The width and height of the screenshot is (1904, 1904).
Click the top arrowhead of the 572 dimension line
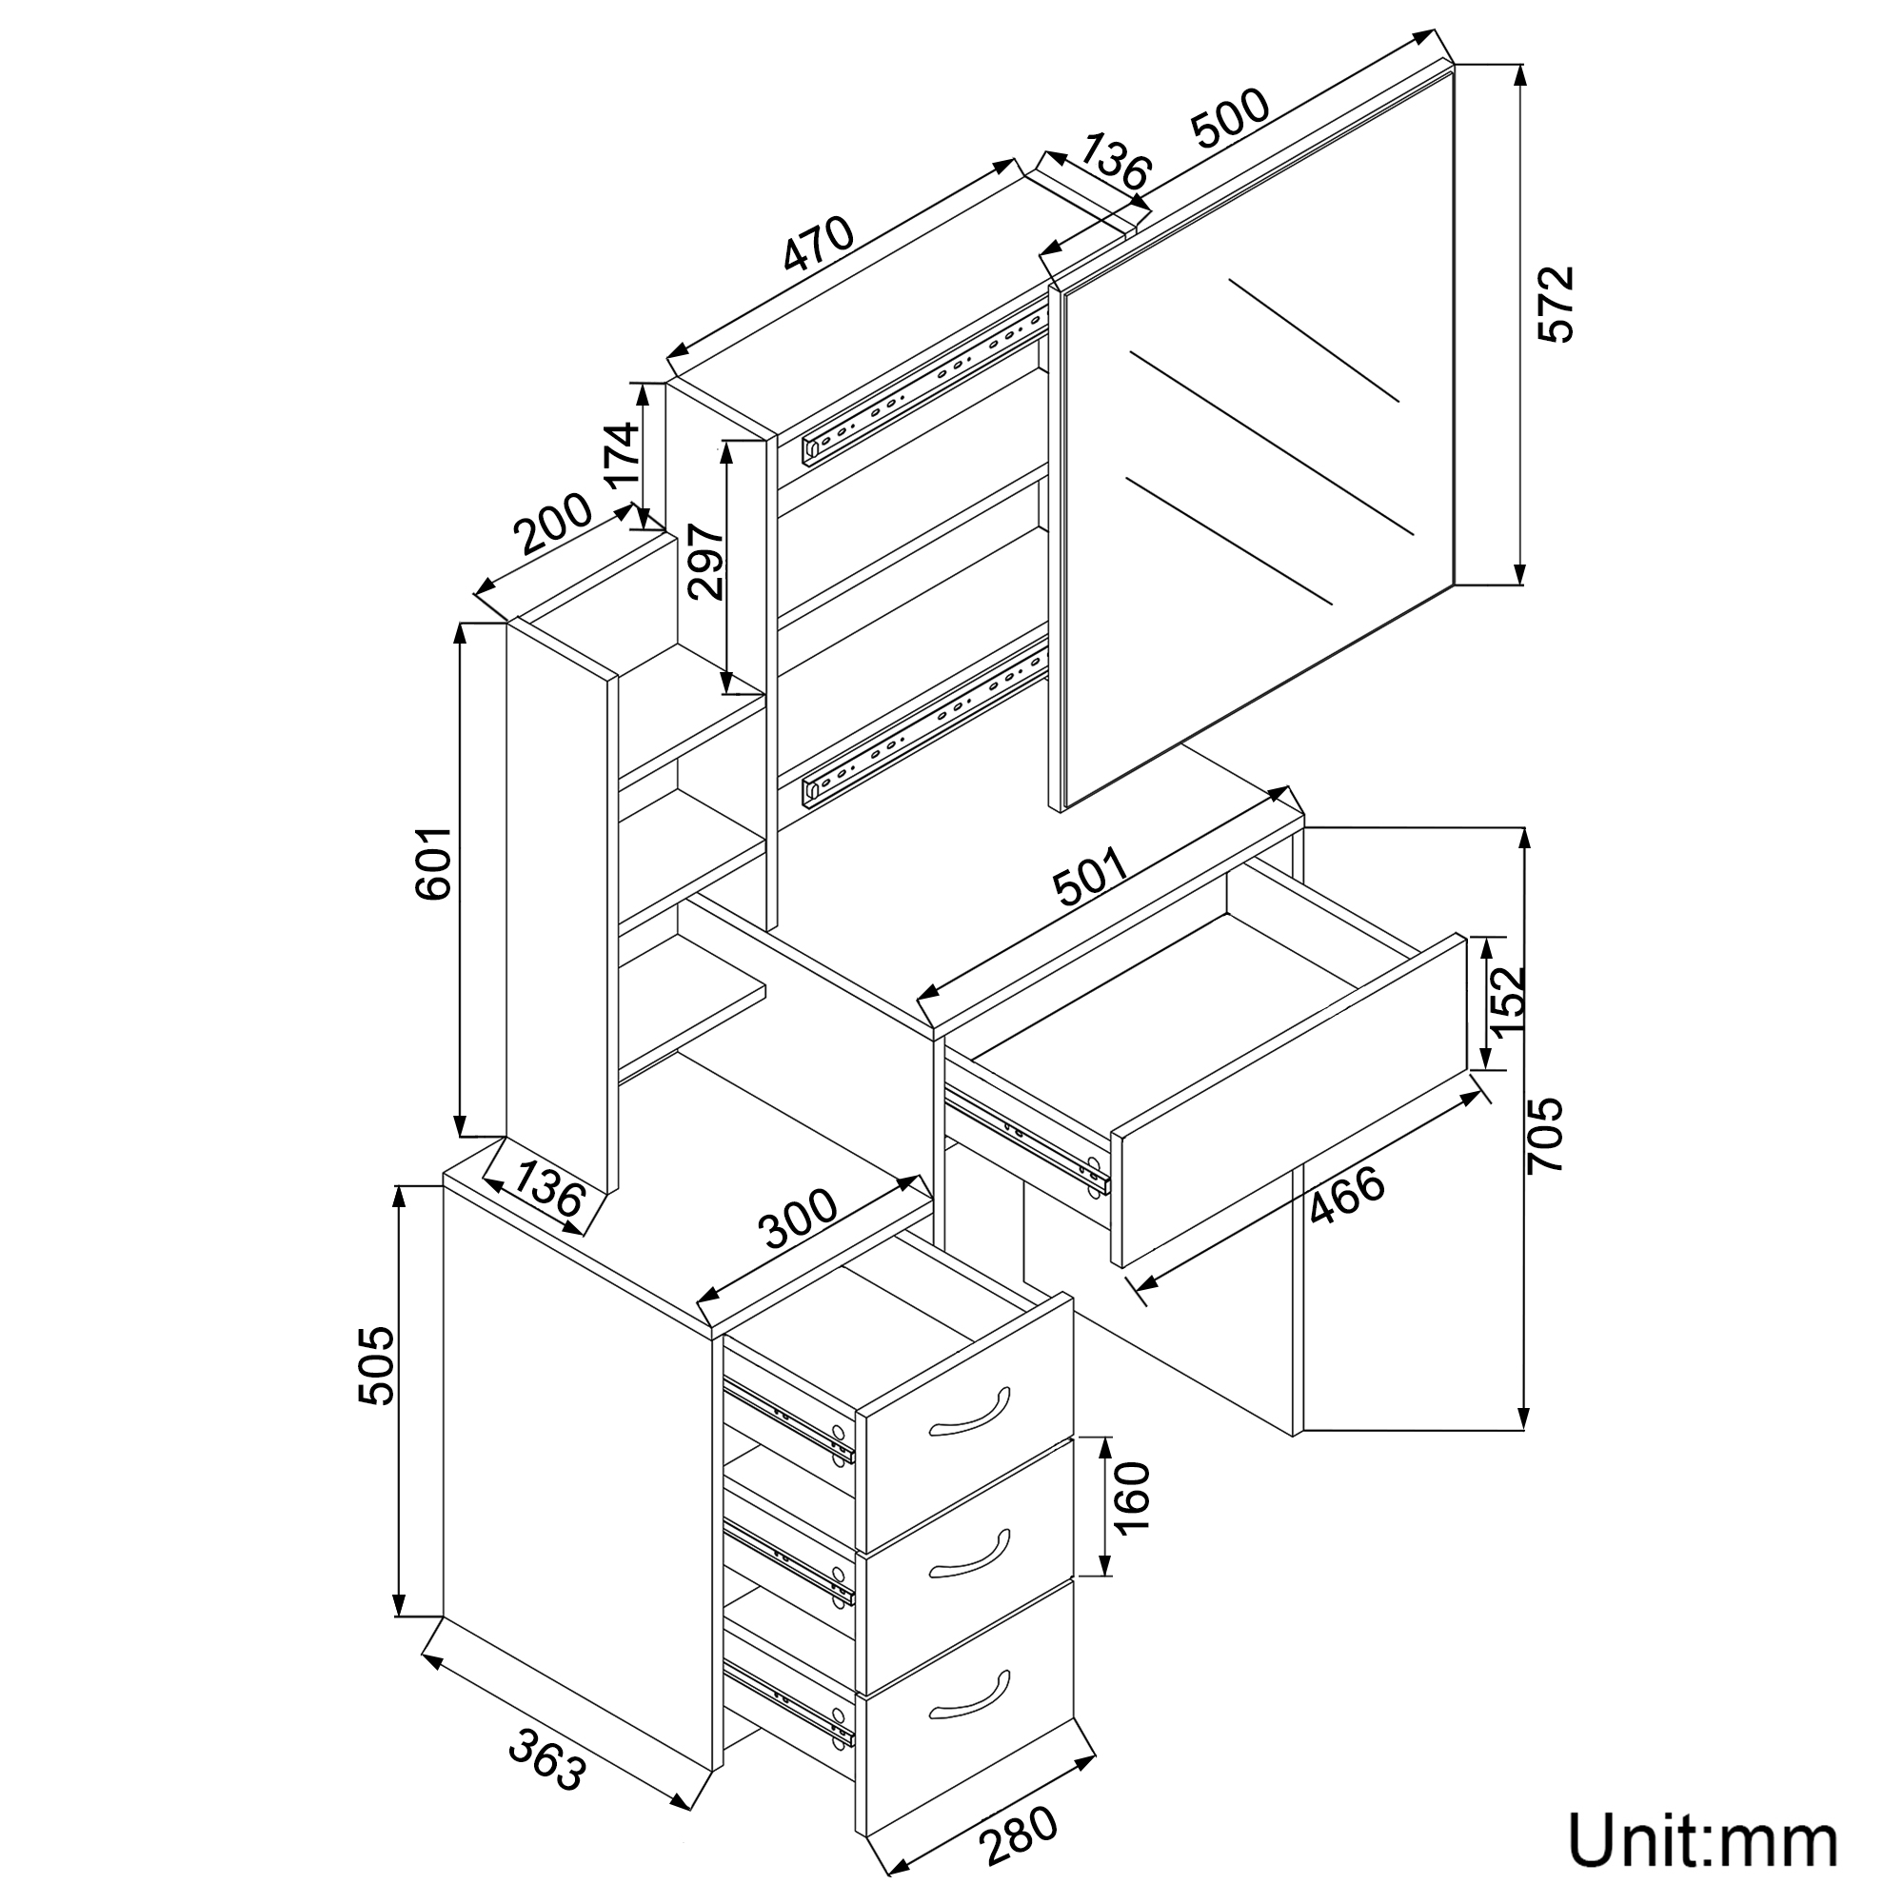1520,76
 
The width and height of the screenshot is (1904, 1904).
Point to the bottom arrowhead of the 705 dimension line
1524,1416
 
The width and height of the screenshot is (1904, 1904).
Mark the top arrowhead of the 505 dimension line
399,1199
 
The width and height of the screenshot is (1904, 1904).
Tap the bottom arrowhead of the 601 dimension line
459,1123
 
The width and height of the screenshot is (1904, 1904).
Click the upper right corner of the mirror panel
1455,64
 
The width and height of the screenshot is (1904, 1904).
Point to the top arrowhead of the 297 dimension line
727,453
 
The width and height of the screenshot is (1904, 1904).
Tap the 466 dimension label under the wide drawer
1346,1196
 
